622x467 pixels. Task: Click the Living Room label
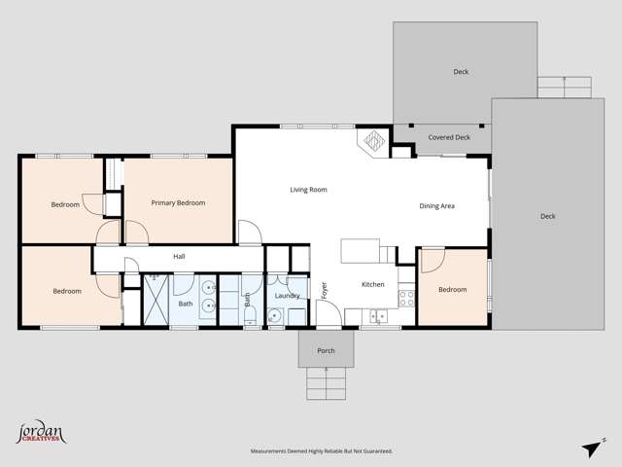[308, 190]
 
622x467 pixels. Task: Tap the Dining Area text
[436, 206]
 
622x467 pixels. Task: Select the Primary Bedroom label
[178, 202]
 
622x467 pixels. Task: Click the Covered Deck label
[448, 138]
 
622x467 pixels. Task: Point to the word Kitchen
[373, 285]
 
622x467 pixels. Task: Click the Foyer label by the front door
[325, 289]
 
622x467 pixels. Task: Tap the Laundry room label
[287, 296]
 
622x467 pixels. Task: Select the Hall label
[179, 257]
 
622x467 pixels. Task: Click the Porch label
[326, 350]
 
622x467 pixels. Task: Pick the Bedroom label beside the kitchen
[452, 290]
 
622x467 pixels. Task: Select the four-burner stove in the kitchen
[407, 298]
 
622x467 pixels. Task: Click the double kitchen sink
[379, 315]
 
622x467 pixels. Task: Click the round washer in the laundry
[276, 315]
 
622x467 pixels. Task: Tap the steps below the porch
[326, 383]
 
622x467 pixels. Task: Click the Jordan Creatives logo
[41, 433]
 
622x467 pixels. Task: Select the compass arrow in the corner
[590, 448]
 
